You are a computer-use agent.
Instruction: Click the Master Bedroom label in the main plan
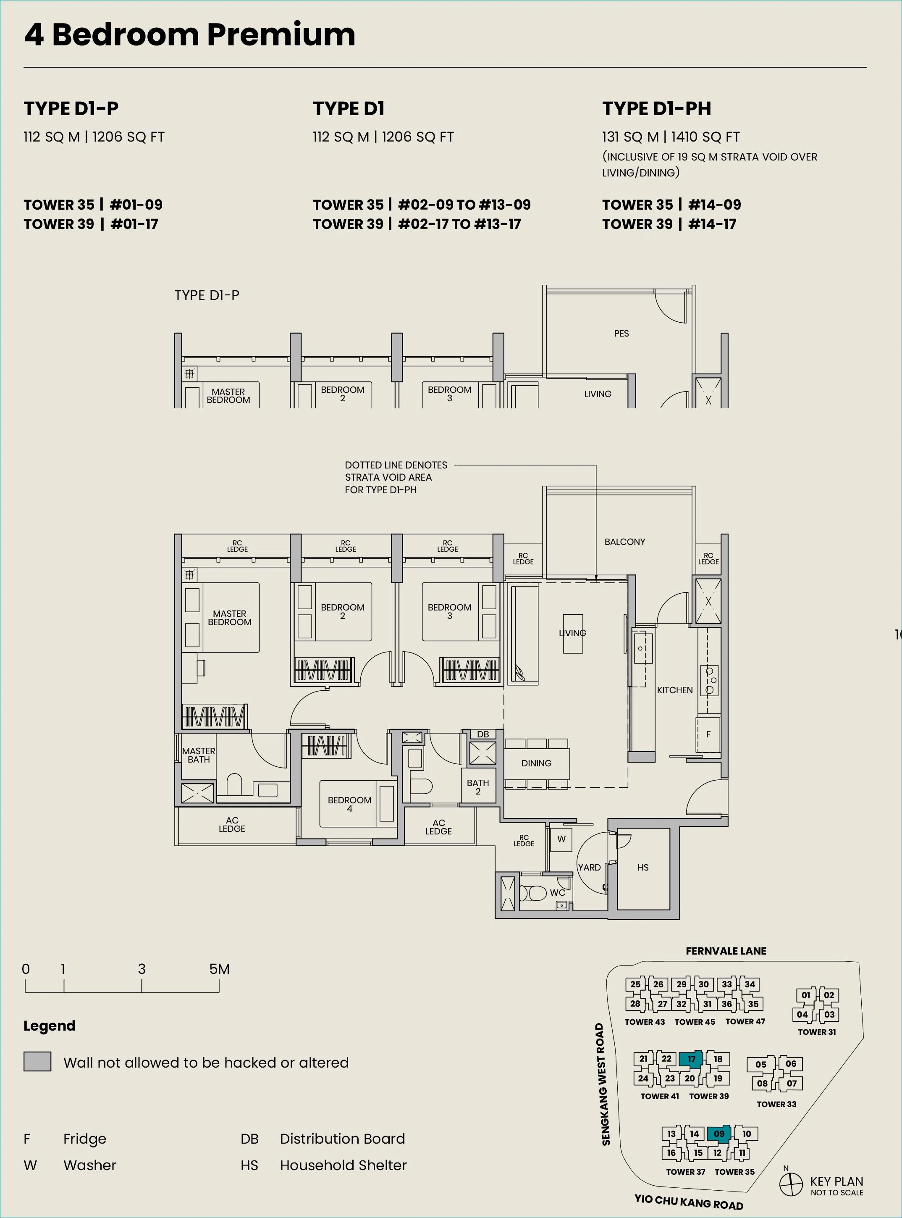point(229,618)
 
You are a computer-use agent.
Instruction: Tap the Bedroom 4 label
point(349,804)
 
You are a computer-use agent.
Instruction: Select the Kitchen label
point(675,690)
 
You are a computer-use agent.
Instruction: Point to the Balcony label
point(624,542)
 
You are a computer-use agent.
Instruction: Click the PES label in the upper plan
point(621,334)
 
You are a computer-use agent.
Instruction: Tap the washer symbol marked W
point(561,839)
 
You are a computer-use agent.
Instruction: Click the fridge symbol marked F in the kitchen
point(708,734)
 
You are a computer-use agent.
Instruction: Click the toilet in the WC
point(533,894)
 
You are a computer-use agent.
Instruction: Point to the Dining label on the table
point(536,763)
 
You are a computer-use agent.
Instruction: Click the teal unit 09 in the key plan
point(719,1134)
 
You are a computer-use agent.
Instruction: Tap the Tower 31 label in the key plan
point(817,1032)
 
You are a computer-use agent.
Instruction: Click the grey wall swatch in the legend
point(37,1061)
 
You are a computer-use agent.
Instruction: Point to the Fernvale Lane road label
point(726,951)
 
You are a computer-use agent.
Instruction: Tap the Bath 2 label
point(478,787)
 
